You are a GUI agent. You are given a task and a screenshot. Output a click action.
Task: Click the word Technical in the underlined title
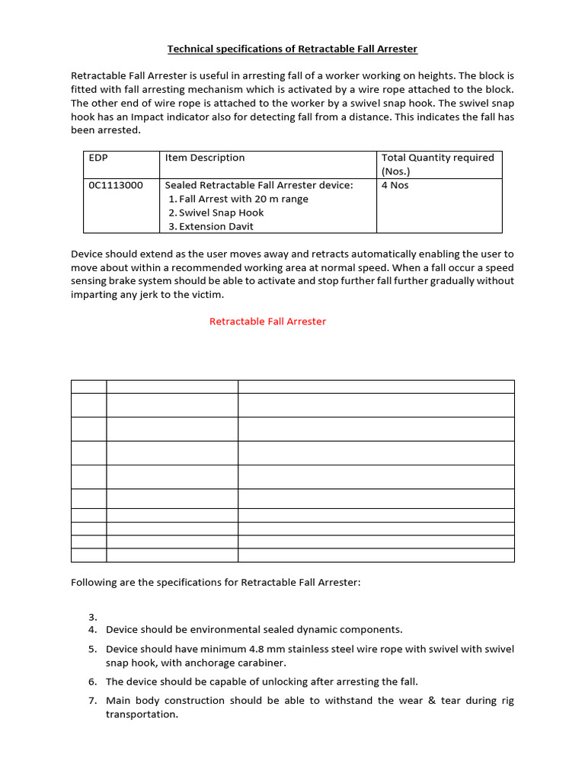point(189,50)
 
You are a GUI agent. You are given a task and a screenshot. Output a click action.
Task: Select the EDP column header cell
point(99,158)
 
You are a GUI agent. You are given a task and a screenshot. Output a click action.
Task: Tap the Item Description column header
point(205,158)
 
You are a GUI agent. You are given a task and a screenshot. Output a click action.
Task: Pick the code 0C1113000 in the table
point(116,185)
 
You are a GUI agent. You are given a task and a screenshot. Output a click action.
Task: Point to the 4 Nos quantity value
point(395,185)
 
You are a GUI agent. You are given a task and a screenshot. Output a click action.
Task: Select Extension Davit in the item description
point(216,226)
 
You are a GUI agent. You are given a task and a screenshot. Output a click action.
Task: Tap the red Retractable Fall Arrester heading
point(267,321)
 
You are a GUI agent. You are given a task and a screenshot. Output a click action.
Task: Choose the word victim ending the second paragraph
point(206,295)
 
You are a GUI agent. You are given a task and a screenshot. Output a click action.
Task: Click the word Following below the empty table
point(94,583)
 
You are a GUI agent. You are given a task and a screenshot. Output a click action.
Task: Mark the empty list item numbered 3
point(92,617)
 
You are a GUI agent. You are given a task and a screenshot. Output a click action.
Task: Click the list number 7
point(92,701)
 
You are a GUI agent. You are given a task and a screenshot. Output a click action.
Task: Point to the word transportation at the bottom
point(141,715)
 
